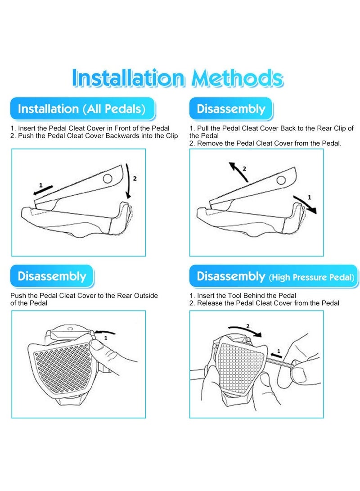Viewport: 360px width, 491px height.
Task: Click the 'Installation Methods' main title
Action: point(177,78)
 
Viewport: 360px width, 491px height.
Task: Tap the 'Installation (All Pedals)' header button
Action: point(83,108)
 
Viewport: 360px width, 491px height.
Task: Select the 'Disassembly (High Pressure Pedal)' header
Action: point(274,276)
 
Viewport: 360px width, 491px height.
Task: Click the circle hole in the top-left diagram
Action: point(108,179)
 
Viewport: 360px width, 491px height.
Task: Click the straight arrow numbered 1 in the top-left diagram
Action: point(43,190)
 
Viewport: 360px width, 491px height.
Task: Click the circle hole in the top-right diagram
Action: point(281,180)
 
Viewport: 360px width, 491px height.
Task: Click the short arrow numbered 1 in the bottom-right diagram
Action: point(276,355)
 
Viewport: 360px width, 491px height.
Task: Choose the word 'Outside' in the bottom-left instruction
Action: point(146,296)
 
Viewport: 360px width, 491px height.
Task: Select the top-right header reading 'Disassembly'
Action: point(231,108)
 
